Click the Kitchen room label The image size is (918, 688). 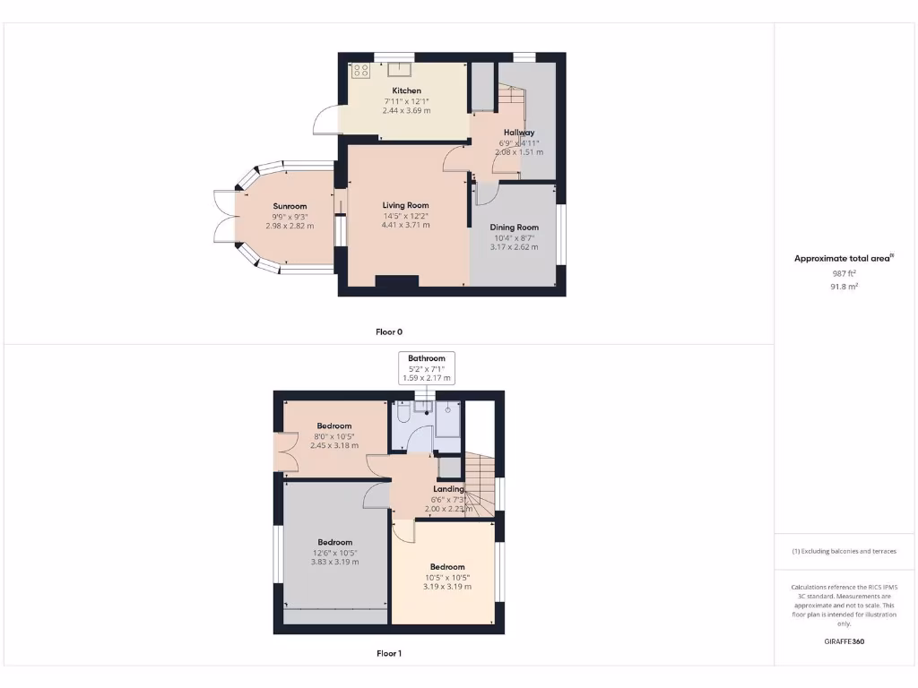406,90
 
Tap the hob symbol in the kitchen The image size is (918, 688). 360,71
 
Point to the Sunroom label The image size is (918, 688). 290,206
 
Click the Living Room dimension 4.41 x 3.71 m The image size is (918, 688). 406,225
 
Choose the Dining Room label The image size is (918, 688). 514,228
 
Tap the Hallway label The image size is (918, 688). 519,133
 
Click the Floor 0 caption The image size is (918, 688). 388,331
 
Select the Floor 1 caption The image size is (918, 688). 388,654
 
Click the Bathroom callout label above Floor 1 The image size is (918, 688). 427,358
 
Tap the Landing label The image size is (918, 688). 448,489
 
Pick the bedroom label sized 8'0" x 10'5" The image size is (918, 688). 333,426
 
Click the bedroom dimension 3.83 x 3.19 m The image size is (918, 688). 334,563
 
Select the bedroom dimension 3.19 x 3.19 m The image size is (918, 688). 446,587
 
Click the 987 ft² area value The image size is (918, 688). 844,274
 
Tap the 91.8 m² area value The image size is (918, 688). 844,287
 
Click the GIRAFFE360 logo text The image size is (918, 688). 844,641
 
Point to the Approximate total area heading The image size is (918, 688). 844,258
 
